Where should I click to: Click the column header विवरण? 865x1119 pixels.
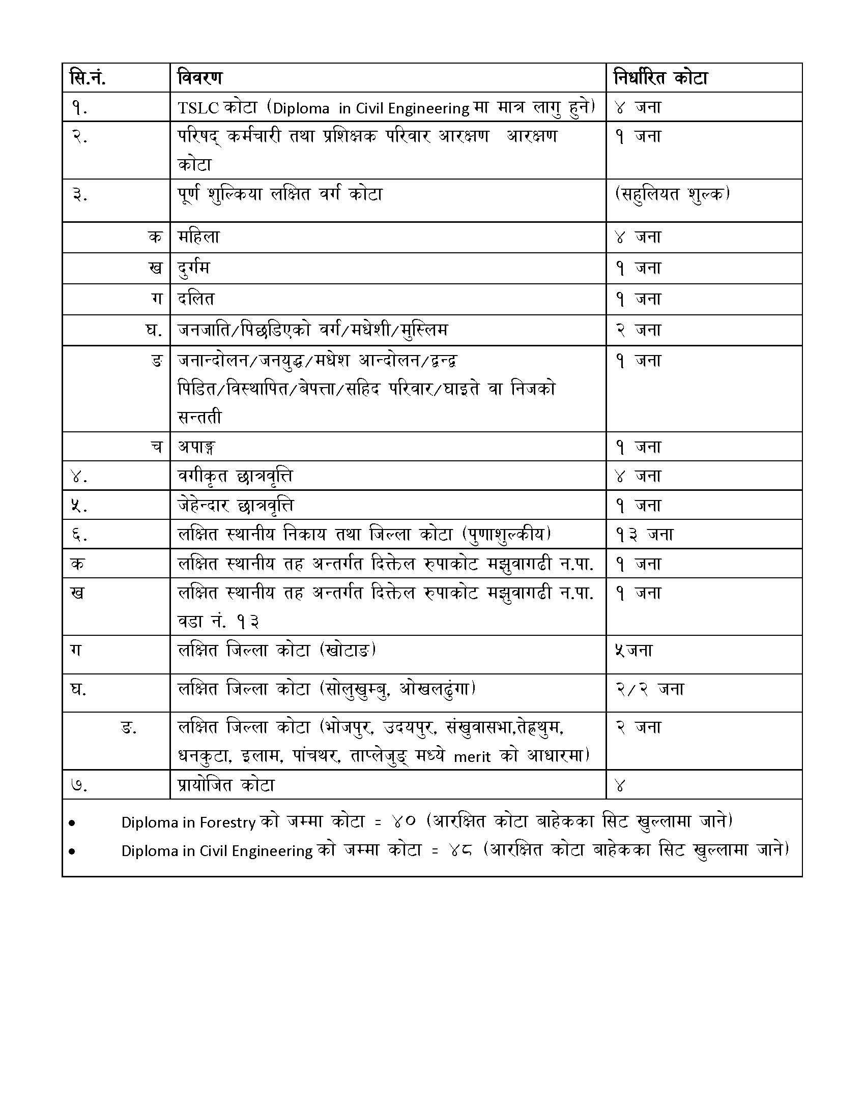pyautogui.click(x=200, y=78)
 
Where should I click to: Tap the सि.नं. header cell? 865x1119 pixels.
pyautogui.click(x=88, y=78)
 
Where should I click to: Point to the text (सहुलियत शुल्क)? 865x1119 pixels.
pyautogui.click(x=672, y=194)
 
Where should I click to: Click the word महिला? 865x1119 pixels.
pyautogui.click(x=198, y=237)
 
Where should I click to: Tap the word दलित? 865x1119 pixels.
pyautogui.click(x=196, y=299)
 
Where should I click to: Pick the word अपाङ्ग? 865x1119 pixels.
pyautogui.click(x=196, y=447)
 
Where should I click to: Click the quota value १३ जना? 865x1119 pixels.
pyautogui.click(x=644, y=535)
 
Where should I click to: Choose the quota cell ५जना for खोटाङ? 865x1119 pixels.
pyautogui.click(x=633, y=650)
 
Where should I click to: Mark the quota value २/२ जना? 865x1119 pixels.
pyautogui.click(x=649, y=689)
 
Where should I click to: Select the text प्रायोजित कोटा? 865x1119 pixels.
pyautogui.click(x=226, y=785)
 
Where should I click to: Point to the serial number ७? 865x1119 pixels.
pyautogui.click(x=79, y=785)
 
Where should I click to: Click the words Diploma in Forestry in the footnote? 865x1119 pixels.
pyautogui.click(x=188, y=822)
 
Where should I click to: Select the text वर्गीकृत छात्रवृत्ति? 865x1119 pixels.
pyautogui.click(x=235, y=476)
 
